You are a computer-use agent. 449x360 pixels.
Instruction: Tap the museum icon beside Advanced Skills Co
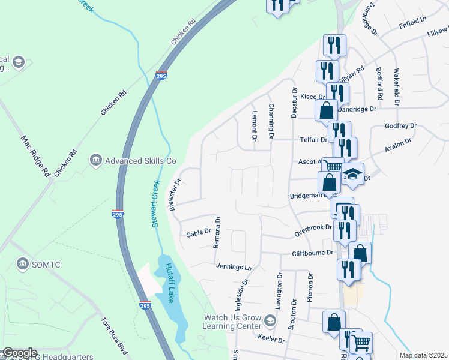point(95,160)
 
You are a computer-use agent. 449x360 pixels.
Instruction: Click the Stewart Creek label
point(155,203)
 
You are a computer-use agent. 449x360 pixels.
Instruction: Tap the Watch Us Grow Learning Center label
point(232,322)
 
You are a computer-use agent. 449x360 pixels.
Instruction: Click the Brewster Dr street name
point(175,194)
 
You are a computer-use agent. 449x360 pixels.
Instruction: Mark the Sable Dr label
point(199,233)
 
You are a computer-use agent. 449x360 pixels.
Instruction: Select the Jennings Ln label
point(232,266)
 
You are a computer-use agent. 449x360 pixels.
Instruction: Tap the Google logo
point(20,353)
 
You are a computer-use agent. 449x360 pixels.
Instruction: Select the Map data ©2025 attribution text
point(423,355)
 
